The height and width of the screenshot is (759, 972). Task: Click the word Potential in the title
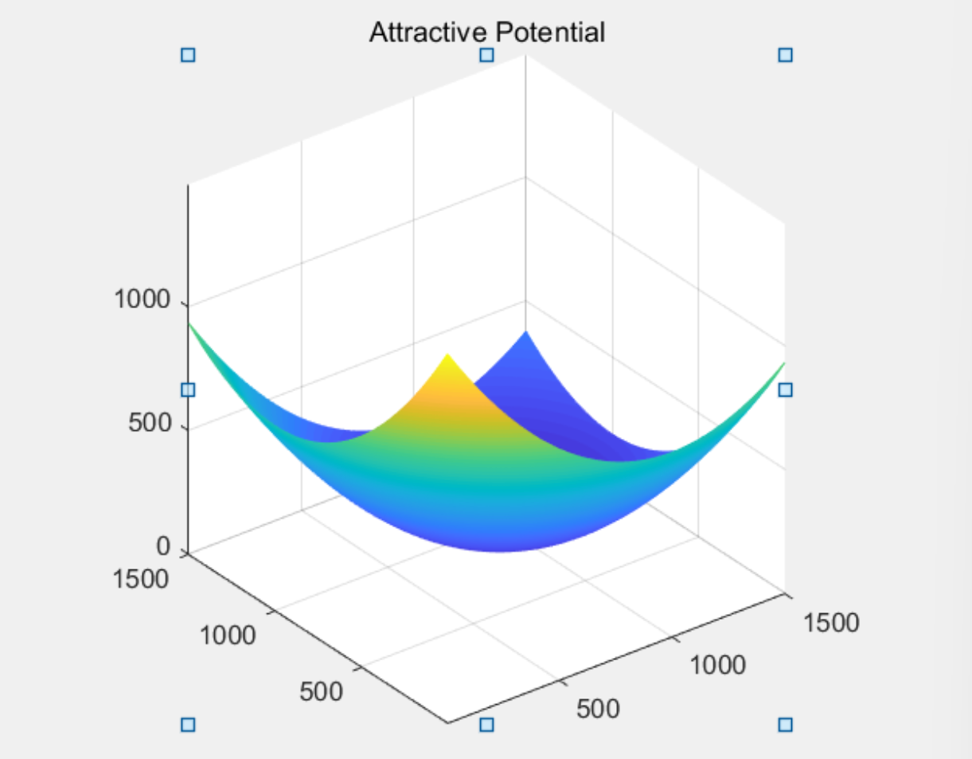pos(551,32)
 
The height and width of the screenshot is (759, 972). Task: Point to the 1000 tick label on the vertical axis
pos(142,299)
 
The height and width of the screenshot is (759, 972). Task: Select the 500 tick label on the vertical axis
pos(150,422)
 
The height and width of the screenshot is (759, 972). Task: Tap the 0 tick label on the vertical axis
pos(163,546)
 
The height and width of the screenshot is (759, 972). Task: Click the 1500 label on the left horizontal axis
pos(140,579)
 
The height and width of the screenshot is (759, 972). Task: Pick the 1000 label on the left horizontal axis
pos(228,635)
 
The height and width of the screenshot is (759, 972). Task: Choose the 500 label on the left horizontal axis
pos(321,691)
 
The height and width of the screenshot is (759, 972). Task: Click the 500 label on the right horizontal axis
pos(598,709)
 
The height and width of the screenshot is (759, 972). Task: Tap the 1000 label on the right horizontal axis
pos(718,664)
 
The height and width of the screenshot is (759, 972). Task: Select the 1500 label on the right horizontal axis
pos(832,623)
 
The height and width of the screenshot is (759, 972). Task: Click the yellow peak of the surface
pos(447,356)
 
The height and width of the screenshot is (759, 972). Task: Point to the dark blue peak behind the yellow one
pos(526,333)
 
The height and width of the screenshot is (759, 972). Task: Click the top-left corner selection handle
pos(188,55)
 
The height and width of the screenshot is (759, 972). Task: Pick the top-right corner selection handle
pos(786,55)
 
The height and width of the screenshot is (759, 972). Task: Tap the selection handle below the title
pos(486,55)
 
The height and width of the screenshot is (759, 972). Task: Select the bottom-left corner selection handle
pos(188,725)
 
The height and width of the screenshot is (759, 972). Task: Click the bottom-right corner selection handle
pos(786,725)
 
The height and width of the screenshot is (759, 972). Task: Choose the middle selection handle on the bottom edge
pos(486,725)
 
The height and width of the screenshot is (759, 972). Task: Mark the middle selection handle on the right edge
pos(786,389)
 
